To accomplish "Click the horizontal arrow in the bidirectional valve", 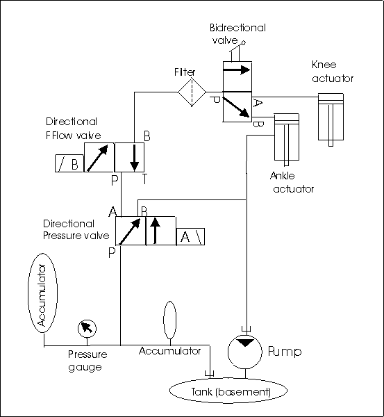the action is pos(237,70).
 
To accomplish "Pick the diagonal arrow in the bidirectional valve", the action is pos(236,107).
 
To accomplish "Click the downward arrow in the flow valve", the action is pos(135,158).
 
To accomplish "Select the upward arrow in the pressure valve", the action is pos(155,231).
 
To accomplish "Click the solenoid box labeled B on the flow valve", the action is pos(69,163).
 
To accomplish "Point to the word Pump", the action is pos(285,352).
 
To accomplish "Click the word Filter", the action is pos(185,72).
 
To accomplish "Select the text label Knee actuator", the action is pos(333,72).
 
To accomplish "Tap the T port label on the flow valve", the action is pos(144,179).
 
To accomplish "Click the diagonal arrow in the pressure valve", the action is pos(129,231).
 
